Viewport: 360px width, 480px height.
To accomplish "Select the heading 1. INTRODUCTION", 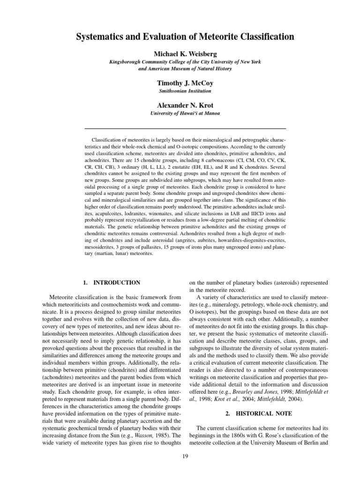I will [111, 283].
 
